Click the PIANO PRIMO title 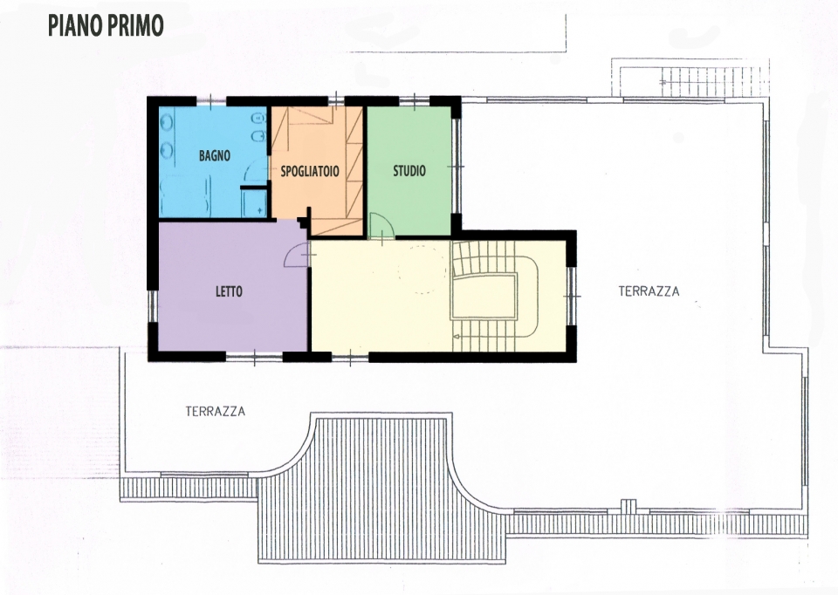click(106, 25)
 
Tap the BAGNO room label click(215, 155)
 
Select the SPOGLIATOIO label click(310, 171)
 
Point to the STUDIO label click(409, 171)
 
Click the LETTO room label click(229, 291)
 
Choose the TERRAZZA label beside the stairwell click(649, 291)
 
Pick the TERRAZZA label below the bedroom click(216, 411)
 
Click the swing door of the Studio click(381, 225)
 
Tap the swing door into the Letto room click(296, 255)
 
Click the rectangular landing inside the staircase click(484, 296)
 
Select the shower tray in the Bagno click(254, 203)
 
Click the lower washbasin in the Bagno click(167, 150)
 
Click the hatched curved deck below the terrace click(381, 489)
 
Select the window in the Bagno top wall click(211, 100)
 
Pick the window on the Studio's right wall click(456, 166)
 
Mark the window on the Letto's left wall click(153, 306)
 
